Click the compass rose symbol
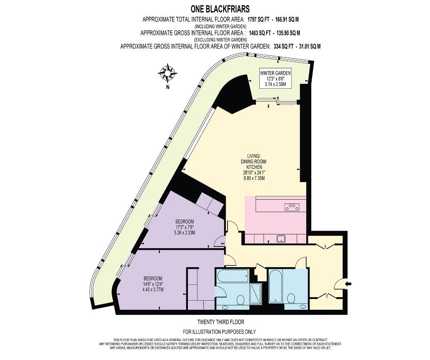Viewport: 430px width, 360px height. click(168, 73)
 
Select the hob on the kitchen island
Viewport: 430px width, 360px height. click(292, 207)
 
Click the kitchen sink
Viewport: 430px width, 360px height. click(282, 238)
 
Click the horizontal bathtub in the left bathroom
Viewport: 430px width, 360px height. click(233, 277)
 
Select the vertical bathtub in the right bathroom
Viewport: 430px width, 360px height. click(275, 286)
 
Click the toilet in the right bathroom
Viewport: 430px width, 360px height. click(292, 298)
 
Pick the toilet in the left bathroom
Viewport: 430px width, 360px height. click(241, 298)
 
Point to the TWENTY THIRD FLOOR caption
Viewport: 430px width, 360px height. click(219, 322)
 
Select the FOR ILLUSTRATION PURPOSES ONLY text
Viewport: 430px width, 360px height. click(219, 332)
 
